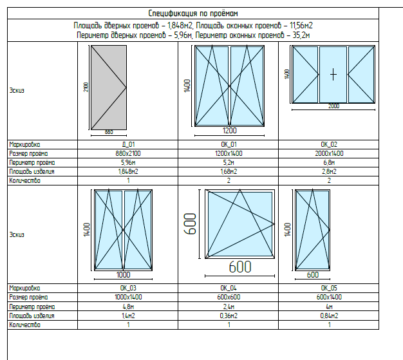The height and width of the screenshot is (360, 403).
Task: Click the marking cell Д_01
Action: [127, 144]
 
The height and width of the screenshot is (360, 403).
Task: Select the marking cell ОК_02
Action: [329, 144]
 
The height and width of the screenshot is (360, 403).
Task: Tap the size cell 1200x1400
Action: [229, 154]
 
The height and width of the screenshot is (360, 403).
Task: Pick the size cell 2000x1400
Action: [329, 154]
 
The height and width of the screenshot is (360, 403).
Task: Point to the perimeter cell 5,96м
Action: [127, 163]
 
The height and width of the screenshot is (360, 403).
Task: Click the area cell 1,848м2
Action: [127, 172]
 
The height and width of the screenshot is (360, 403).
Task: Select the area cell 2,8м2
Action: [329, 172]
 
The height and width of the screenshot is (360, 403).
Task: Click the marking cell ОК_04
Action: [229, 288]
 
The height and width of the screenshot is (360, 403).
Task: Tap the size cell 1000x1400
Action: [127, 298]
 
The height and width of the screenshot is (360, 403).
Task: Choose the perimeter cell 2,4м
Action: [229, 307]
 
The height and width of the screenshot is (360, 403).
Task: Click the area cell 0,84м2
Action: [329, 316]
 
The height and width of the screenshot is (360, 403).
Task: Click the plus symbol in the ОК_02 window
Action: [333, 74]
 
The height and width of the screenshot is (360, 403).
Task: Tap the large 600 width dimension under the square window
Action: [240, 266]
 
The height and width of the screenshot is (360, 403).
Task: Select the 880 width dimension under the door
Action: [109, 132]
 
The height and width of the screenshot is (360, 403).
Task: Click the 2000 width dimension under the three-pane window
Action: [333, 106]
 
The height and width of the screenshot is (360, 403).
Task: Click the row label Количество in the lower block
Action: [24, 325]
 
